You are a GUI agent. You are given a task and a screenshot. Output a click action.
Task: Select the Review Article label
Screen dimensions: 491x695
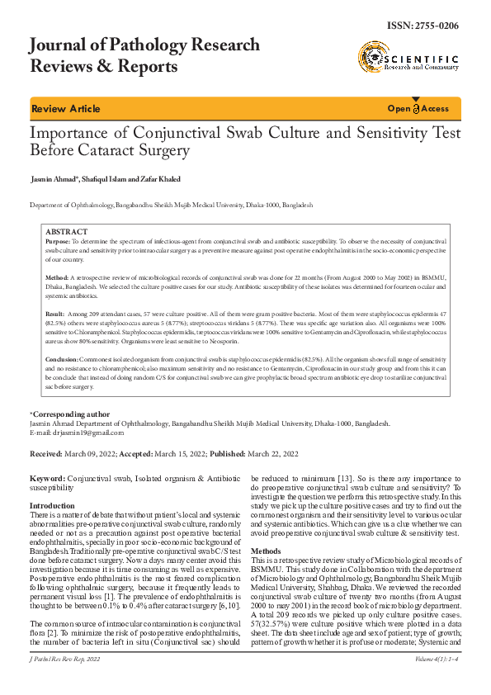pos(66,109)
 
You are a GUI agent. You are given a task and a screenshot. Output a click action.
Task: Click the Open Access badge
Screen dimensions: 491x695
pos(418,109)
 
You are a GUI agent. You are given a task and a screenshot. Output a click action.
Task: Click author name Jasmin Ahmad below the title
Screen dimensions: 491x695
pos(55,179)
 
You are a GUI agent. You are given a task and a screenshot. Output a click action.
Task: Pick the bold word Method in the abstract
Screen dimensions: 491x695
pos(57,277)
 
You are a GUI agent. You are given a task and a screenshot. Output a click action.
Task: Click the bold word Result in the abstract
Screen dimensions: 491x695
pos(55,314)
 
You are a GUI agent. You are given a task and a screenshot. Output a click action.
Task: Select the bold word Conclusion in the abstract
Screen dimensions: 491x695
pos(63,361)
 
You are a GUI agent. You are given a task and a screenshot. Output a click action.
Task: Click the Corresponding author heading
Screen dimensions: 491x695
pos(71,414)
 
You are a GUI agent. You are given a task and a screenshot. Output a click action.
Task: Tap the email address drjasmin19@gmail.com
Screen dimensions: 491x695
pos(85,432)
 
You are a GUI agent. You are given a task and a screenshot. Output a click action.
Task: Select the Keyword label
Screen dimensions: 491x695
pos(47,479)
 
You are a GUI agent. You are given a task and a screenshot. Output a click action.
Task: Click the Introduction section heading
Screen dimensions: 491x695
pos(52,505)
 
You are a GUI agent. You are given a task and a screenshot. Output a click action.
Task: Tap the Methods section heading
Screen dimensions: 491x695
pos(266,550)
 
